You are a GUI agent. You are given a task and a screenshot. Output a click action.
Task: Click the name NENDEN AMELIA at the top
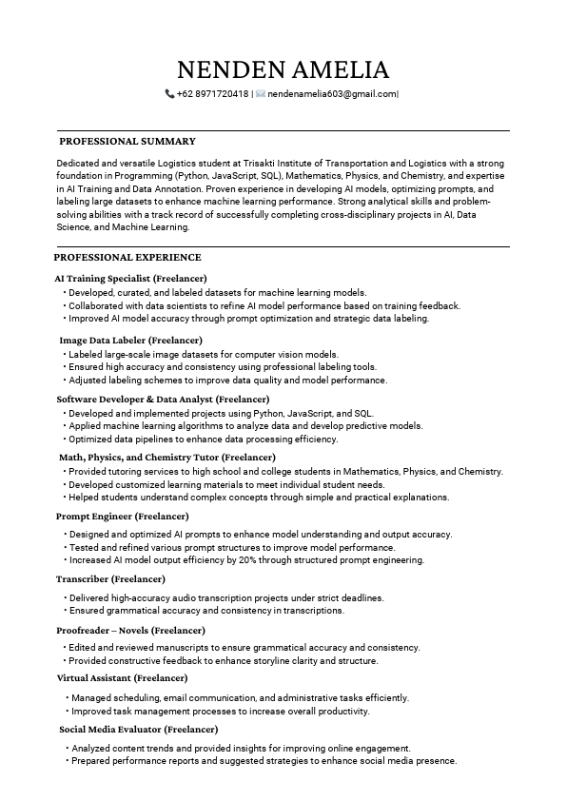(x=283, y=69)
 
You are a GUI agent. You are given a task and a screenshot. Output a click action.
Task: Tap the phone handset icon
(x=169, y=94)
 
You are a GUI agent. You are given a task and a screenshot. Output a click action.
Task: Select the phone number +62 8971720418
(x=213, y=94)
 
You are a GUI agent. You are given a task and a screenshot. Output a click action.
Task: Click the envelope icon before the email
(x=261, y=94)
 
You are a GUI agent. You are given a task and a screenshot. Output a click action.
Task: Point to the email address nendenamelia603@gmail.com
(x=331, y=94)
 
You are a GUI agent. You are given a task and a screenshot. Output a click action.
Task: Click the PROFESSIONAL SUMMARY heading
(x=127, y=141)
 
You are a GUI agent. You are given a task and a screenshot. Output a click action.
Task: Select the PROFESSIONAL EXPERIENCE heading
(x=127, y=257)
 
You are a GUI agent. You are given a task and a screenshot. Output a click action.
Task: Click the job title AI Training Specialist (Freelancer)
(x=124, y=278)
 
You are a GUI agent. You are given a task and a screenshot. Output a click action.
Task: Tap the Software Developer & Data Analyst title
(x=163, y=399)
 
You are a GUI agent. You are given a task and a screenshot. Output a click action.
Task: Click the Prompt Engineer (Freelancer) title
(x=123, y=516)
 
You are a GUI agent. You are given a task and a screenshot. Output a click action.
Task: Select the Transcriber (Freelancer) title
(x=110, y=578)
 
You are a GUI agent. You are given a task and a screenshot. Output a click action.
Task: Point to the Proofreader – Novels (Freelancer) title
(x=130, y=630)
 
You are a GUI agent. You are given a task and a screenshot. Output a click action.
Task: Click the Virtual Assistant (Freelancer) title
(x=122, y=678)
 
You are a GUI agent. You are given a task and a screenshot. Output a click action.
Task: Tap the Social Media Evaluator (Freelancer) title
(x=132, y=729)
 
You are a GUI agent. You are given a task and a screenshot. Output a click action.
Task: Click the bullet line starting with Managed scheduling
(x=239, y=697)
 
